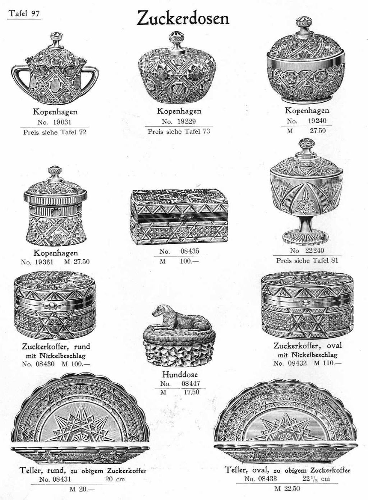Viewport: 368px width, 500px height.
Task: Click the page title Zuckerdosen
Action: pyautogui.click(x=183, y=18)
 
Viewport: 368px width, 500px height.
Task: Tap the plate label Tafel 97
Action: pyautogui.click(x=24, y=14)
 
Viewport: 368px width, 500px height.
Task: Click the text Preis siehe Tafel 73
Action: pyautogui.click(x=179, y=131)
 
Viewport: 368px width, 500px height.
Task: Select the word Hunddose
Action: pyautogui.click(x=180, y=374)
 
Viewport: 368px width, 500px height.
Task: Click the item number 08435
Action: pyautogui.click(x=190, y=251)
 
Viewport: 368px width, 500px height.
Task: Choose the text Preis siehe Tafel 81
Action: pyautogui.click(x=307, y=260)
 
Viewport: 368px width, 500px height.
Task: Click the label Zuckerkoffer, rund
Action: pyautogui.click(x=56, y=346)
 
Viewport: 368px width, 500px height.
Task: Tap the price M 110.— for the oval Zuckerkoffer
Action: pyautogui.click(x=328, y=363)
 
